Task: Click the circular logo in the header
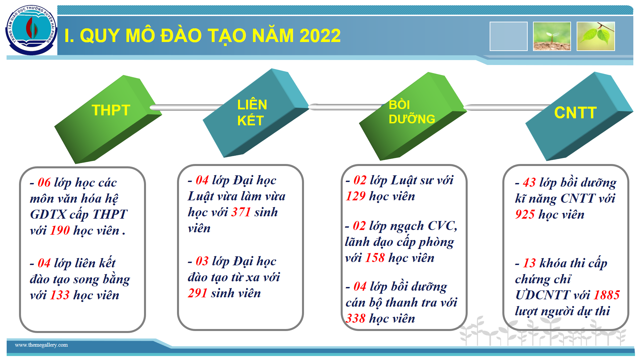click(x=31, y=30)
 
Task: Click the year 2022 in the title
click(x=320, y=35)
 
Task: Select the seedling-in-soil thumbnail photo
click(x=552, y=36)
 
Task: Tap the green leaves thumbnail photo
click(x=596, y=36)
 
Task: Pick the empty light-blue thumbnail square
click(x=508, y=36)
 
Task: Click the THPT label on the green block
click(x=111, y=110)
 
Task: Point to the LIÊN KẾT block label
click(x=252, y=113)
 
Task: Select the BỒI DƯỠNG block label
click(x=412, y=112)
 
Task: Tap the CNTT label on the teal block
click(x=575, y=113)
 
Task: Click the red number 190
click(x=60, y=230)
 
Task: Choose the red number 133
click(x=60, y=295)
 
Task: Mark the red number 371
click(x=241, y=212)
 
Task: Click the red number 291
click(x=198, y=293)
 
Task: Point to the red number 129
click(x=356, y=196)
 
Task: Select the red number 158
click(x=375, y=258)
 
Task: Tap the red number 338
click(x=356, y=318)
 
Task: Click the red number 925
click(x=525, y=214)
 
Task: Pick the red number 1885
click(x=607, y=295)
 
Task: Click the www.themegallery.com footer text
click(x=41, y=345)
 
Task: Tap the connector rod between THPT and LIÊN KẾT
click(x=187, y=107)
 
